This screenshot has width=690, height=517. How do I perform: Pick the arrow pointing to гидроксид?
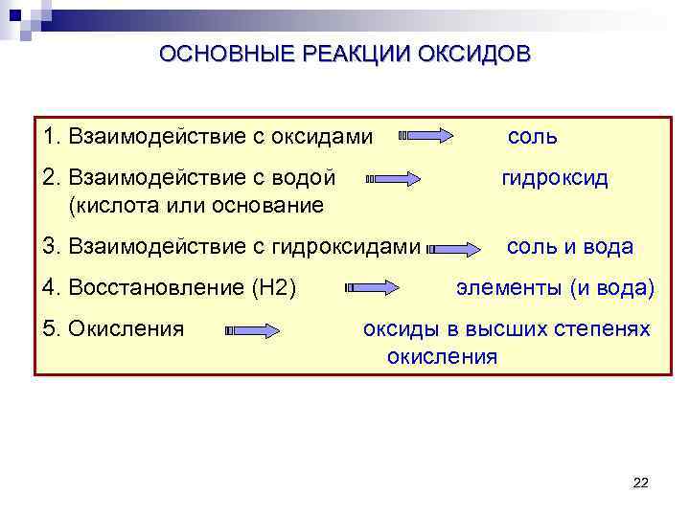[393, 179]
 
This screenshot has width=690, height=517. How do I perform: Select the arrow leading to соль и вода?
[455, 248]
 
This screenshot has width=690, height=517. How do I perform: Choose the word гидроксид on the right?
[555, 179]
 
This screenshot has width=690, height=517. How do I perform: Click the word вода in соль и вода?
[608, 247]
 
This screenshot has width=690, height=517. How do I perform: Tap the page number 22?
[641, 483]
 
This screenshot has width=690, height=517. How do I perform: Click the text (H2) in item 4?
[274, 287]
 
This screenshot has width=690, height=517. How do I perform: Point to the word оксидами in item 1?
[322, 137]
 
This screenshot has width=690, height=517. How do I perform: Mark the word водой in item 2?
[307, 179]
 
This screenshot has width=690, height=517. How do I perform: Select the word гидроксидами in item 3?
[346, 247]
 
